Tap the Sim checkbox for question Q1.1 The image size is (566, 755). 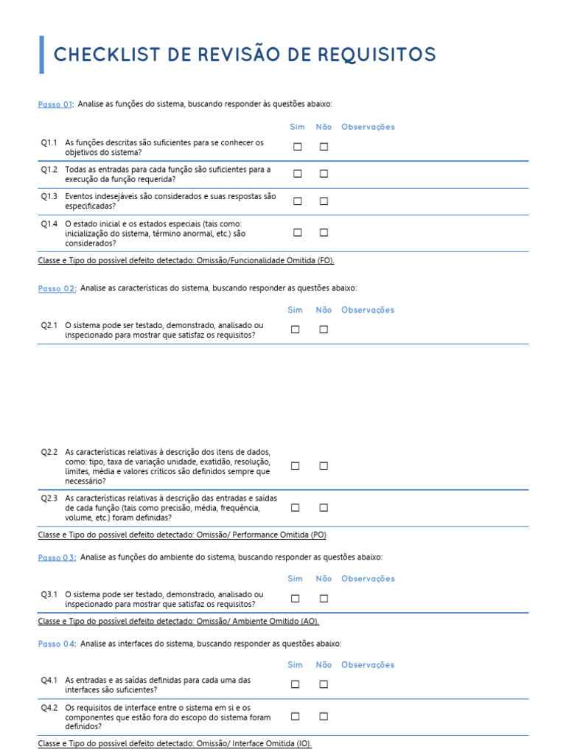[x=297, y=147]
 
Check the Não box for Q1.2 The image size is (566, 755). [x=324, y=174]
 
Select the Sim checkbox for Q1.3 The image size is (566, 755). [x=297, y=201]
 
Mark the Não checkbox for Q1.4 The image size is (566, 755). [x=324, y=232]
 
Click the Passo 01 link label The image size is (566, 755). [x=55, y=105]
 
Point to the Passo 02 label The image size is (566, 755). [x=57, y=288]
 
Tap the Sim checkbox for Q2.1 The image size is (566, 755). [x=295, y=330]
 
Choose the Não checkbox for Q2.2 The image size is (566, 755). [x=324, y=466]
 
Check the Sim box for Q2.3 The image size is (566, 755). [x=295, y=507]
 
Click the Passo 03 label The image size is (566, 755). [x=57, y=557]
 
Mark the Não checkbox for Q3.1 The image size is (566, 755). [x=324, y=599]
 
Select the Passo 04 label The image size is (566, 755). [x=57, y=644]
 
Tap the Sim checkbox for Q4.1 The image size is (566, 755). [x=295, y=684]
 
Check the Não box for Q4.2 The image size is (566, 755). [x=324, y=716]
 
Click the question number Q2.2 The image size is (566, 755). [x=49, y=452]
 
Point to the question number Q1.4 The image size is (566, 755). [x=49, y=223]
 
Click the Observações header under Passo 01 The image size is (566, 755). [x=368, y=127]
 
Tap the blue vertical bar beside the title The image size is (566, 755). [x=41, y=55]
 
